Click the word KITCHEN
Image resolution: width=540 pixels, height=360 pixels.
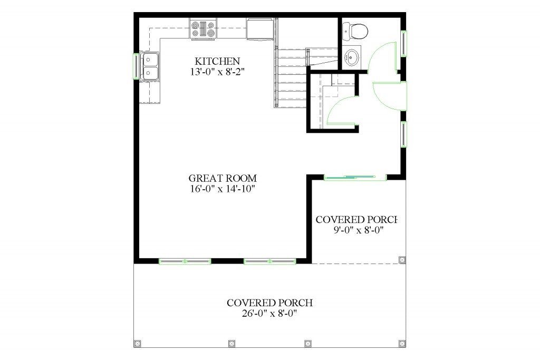217,61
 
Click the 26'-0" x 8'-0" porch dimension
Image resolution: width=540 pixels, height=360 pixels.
269,313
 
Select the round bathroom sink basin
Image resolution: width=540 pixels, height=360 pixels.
352,57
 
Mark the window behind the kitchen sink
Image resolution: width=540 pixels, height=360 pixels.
136,66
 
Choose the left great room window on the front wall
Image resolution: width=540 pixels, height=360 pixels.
185,260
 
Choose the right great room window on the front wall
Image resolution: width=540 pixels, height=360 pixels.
269,260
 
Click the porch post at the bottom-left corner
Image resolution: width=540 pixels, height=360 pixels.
138,343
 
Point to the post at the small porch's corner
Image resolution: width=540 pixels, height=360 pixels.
402,260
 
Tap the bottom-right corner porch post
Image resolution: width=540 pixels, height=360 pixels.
402,343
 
